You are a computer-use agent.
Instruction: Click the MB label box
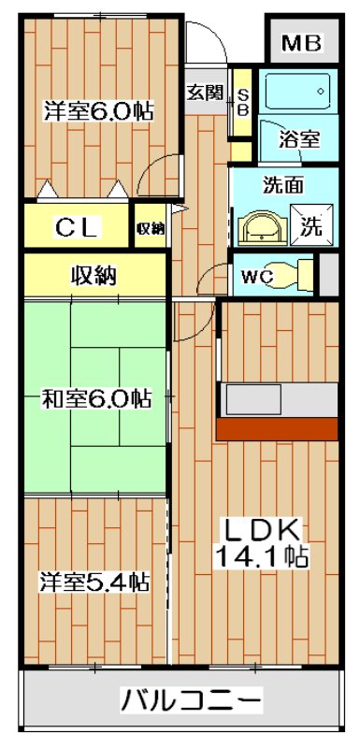click(300, 42)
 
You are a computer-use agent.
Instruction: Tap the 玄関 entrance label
click(204, 92)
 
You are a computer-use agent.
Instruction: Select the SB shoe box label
click(241, 102)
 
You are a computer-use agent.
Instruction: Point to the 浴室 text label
click(300, 140)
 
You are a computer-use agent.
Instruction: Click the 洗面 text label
click(281, 184)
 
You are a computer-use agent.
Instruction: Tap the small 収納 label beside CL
click(151, 228)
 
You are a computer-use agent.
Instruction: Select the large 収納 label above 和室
click(94, 275)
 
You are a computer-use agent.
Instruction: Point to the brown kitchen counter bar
click(277, 428)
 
